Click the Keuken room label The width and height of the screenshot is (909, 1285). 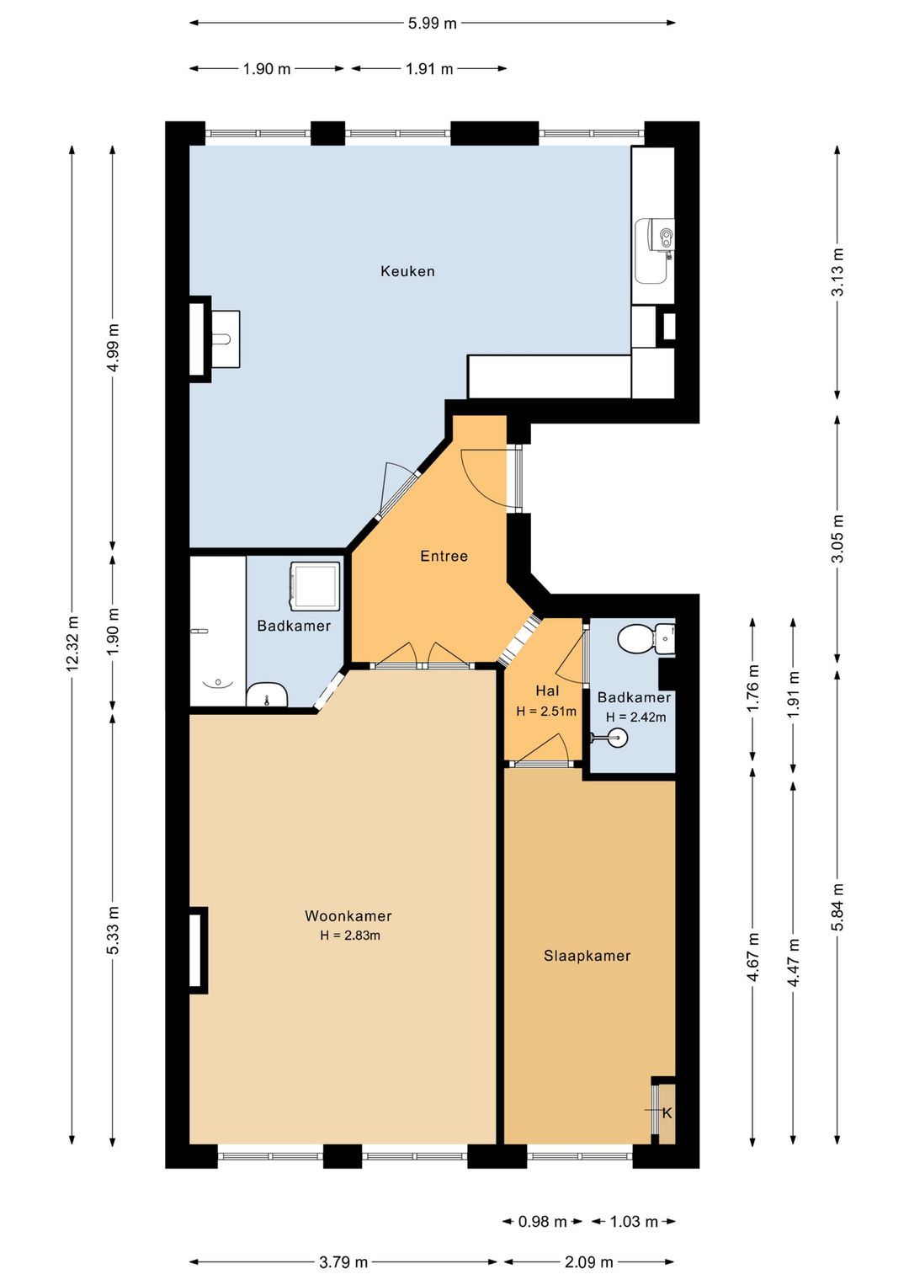(x=407, y=271)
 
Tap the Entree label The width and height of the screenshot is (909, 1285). (x=444, y=556)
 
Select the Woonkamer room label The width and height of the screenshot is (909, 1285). (x=348, y=915)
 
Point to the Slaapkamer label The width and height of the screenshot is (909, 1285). (x=587, y=956)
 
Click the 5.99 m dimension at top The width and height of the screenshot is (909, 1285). (x=433, y=24)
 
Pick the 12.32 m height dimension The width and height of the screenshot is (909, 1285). (x=72, y=643)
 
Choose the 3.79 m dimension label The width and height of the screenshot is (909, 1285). (x=343, y=1262)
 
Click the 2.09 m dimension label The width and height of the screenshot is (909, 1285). (x=589, y=1262)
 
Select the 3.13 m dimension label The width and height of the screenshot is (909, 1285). (x=838, y=271)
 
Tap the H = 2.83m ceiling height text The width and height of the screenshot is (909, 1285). (x=350, y=936)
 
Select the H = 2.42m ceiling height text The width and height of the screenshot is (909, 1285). (x=635, y=717)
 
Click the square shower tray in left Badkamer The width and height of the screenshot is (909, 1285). (x=316, y=586)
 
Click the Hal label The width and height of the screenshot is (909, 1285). (x=547, y=690)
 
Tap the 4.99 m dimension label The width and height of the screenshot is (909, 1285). (x=114, y=348)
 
